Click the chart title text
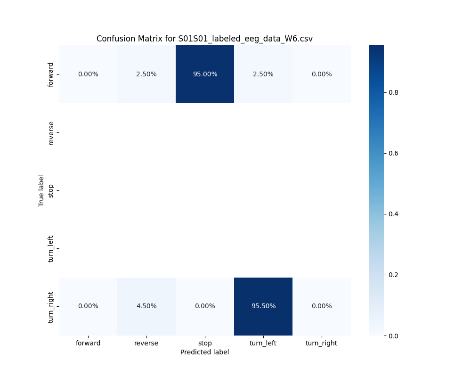(204, 39)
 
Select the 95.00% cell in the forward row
(205, 74)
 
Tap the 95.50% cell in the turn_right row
(263, 306)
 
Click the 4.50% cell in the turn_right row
(146, 306)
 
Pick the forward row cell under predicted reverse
(146, 74)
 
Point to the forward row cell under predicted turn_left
(263, 74)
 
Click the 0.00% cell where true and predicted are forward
(88, 74)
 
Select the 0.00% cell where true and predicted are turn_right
(322, 306)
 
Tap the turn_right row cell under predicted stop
(205, 306)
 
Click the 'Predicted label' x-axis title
(204, 352)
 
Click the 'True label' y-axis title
(41, 190)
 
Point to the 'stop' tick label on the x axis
(205, 343)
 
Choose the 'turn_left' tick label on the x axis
(263, 343)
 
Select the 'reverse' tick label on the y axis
(51, 133)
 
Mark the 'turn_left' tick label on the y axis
(51, 248)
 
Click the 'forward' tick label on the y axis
(51, 74)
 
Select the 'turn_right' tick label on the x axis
(322, 343)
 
